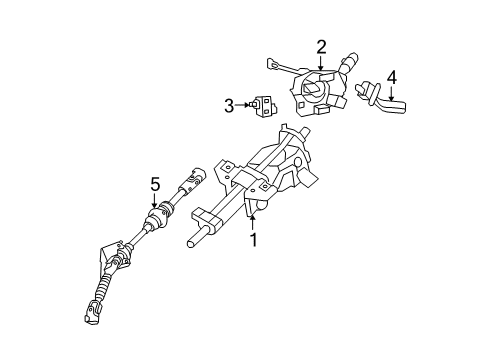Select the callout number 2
tap(322, 46)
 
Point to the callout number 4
tap(391, 76)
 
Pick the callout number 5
tap(154, 184)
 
